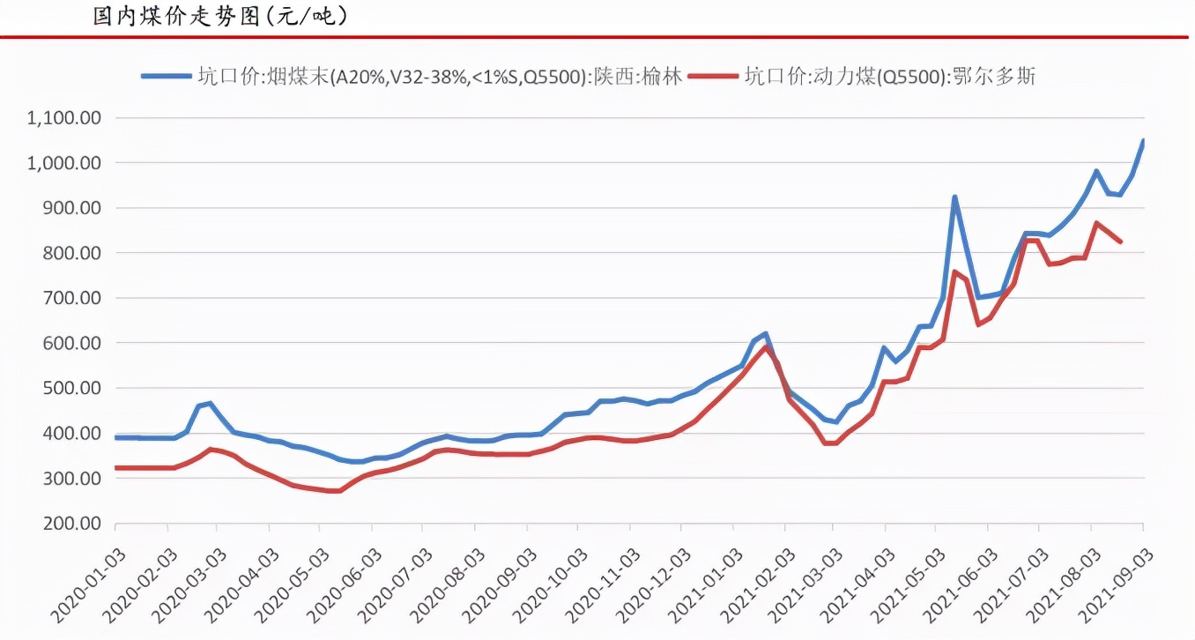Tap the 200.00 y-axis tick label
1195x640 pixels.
tap(72, 524)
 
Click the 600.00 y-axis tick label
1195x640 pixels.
tap(72, 343)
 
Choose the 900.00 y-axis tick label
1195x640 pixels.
tap(72, 208)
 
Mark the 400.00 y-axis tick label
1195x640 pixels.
tap(72, 434)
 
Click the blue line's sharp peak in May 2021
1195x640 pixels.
tap(954, 197)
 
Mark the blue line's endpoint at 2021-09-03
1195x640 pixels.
tap(1143, 140)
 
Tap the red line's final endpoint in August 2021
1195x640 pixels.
tap(1120, 242)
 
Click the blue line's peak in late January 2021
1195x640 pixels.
tap(766, 333)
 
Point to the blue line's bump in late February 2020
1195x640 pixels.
tap(210, 403)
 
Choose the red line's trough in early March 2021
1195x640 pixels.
tap(828, 443)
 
